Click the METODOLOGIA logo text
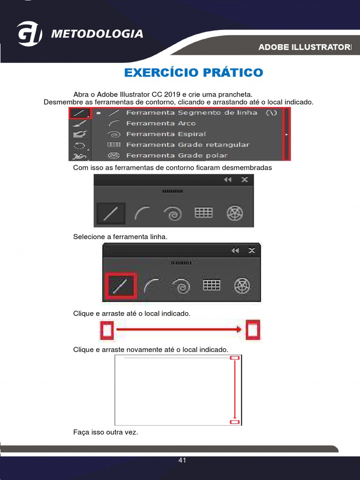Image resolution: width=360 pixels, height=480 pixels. [x=97, y=34]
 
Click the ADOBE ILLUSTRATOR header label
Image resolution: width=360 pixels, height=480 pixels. [x=305, y=47]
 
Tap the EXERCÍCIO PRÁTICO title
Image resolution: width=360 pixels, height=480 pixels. [x=194, y=73]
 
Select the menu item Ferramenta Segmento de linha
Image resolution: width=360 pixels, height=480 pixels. [x=191, y=113]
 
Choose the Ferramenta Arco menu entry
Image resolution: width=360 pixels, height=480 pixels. [x=161, y=124]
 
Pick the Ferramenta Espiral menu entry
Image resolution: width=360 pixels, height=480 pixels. [x=165, y=135]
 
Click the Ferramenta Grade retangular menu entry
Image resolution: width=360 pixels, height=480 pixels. [x=187, y=145]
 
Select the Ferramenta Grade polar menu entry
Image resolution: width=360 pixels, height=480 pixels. [x=177, y=156]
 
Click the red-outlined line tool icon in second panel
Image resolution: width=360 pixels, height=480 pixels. [x=121, y=286]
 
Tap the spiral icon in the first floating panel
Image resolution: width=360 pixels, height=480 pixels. [x=172, y=213]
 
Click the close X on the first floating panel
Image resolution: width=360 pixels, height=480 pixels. [x=244, y=180]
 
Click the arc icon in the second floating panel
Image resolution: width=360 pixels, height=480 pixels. [x=151, y=285]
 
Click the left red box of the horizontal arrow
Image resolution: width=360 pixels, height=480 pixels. [x=107, y=330]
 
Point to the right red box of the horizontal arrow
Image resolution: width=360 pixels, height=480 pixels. [x=253, y=330]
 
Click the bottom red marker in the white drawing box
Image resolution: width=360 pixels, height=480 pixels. [x=235, y=422]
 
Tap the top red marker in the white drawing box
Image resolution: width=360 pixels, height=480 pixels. [x=235, y=358]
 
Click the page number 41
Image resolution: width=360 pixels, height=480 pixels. [x=182, y=460]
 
